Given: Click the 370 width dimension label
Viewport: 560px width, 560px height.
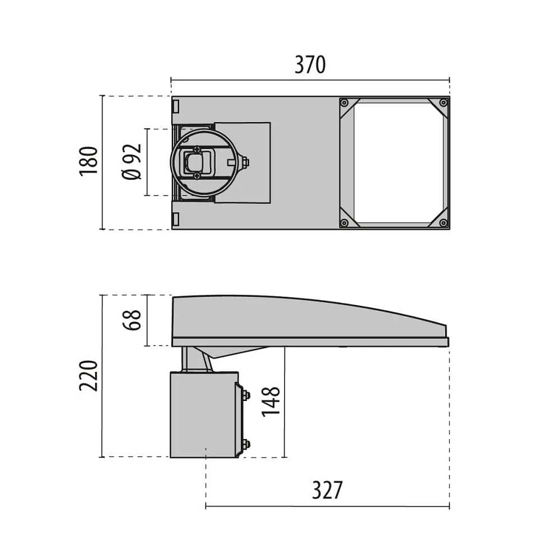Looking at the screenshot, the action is point(310,64).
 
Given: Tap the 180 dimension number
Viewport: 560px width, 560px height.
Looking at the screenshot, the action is point(88,161).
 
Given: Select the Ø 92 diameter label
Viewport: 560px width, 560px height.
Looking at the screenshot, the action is point(132,162).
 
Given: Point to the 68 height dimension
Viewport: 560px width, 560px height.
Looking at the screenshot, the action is point(132,320).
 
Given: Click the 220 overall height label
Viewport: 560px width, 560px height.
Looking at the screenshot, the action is point(88,376).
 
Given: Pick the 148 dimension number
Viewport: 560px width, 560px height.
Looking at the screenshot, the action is point(270,402).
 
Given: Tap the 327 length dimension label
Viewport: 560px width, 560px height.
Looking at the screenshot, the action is point(327,490).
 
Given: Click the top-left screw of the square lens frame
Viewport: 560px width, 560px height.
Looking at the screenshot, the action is point(344,103).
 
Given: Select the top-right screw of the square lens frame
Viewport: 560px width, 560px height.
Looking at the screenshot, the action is point(443,103).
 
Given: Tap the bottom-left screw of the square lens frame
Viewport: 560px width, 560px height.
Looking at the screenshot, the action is point(344,223).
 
